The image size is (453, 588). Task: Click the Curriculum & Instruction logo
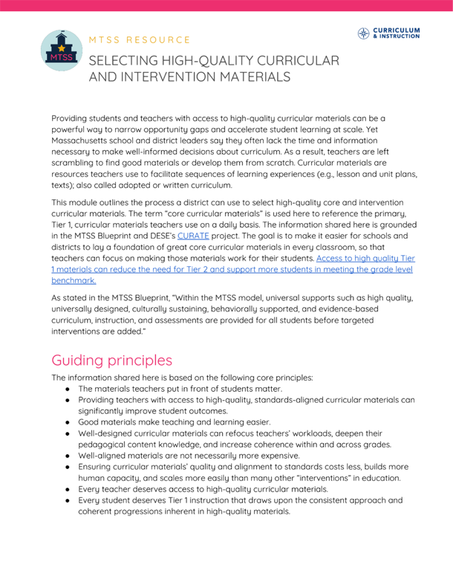[388, 33]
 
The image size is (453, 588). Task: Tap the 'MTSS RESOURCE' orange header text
[140, 39]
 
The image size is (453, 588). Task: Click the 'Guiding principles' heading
[111, 361]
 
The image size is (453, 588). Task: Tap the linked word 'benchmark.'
[74, 281]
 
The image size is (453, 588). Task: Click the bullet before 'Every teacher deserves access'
[67, 489]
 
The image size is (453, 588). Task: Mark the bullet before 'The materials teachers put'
[67, 388]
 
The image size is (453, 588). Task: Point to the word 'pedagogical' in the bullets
[103, 444]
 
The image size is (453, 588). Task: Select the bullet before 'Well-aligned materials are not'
[67, 455]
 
